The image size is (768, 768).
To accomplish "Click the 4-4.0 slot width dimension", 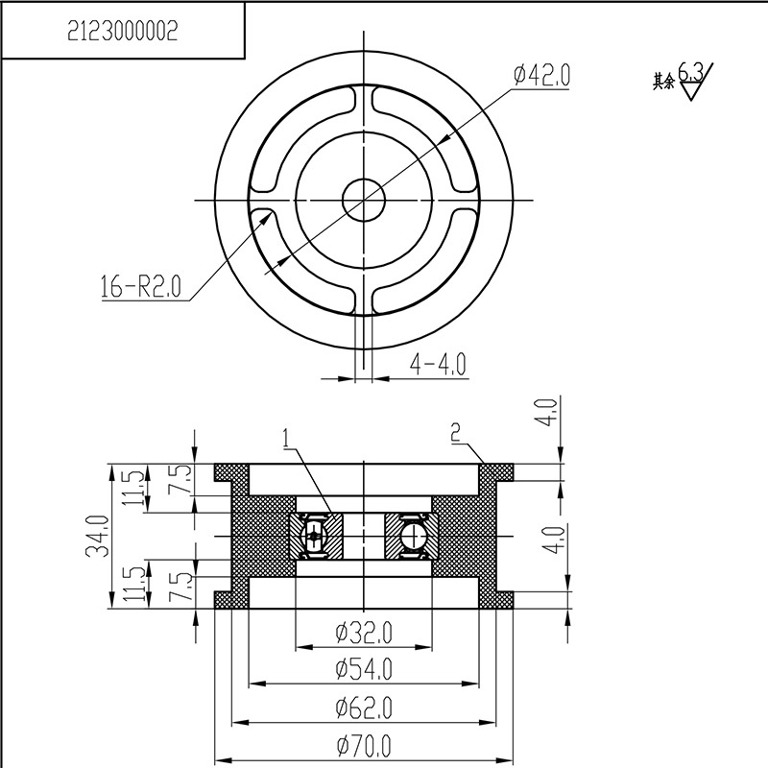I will [x=438, y=364].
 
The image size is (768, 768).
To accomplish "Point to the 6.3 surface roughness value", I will [x=691, y=72].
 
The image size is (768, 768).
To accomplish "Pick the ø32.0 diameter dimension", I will [x=364, y=633].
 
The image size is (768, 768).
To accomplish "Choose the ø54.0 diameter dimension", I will [x=364, y=669].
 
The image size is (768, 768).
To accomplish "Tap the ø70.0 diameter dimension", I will [x=364, y=744].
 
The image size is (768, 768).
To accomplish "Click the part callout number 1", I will [x=286, y=439].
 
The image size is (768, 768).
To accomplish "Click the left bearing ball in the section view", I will [x=314, y=537].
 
